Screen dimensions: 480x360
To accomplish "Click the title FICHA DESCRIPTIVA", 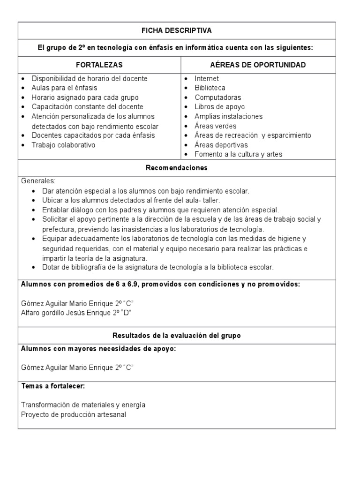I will (177, 30).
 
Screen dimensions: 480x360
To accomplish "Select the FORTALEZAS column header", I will (99, 65).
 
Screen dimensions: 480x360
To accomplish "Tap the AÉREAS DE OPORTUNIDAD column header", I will (258, 65).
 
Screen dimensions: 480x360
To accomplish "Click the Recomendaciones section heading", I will (177, 167).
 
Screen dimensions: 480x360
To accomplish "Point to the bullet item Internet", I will (207, 79).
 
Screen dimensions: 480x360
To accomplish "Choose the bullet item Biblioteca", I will (210, 88).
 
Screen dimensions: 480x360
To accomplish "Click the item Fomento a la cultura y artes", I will (238, 154).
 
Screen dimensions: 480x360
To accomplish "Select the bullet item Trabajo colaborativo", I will (63, 145).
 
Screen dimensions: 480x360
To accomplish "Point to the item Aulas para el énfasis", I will (64, 88).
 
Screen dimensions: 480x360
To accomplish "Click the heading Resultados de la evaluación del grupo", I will (177, 336).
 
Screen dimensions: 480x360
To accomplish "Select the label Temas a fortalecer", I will (53, 386).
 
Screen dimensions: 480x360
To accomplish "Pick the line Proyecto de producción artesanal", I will (74, 414).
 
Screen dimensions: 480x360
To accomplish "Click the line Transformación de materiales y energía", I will (83, 405).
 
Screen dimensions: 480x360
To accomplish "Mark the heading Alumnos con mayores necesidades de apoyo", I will (99, 349).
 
